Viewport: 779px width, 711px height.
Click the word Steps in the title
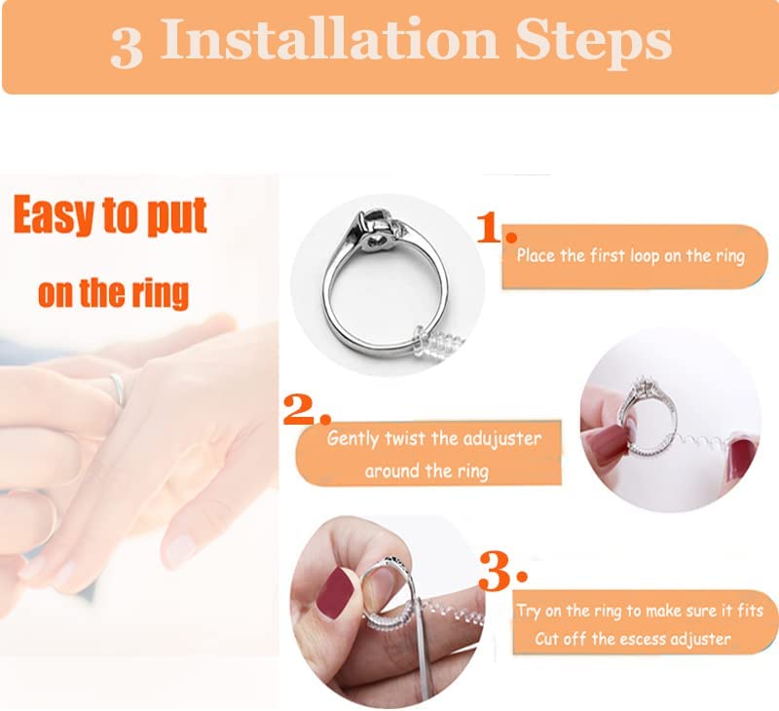click(593, 42)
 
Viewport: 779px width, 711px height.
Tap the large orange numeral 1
click(490, 228)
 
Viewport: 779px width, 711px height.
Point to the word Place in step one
click(536, 255)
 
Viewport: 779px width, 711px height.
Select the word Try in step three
click(528, 611)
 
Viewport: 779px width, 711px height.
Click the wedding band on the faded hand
click(118, 389)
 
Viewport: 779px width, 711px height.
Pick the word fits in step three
click(750, 610)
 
